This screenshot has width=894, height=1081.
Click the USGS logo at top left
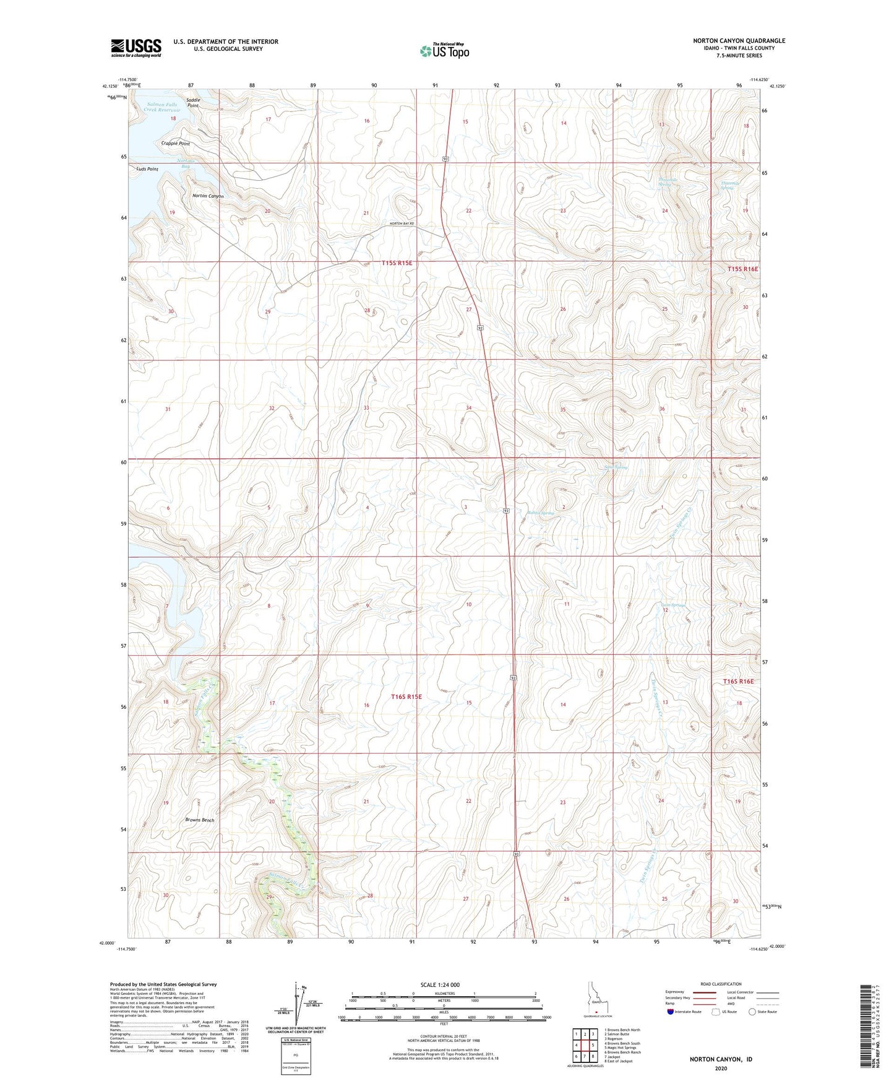pyautogui.click(x=136, y=48)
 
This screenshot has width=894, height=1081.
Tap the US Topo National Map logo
pyautogui.click(x=444, y=51)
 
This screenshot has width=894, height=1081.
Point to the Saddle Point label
pyautogui.click(x=193, y=103)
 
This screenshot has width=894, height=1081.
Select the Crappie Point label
pyautogui.click(x=175, y=144)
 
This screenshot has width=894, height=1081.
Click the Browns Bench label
pyautogui.click(x=200, y=820)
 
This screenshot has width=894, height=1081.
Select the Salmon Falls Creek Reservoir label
pyautogui.click(x=161, y=107)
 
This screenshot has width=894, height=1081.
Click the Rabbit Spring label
pyautogui.click(x=540, y=513)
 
